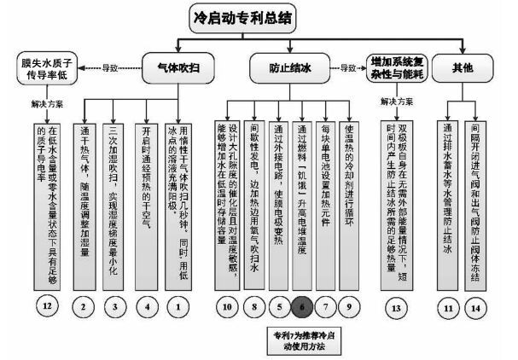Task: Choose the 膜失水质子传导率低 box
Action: (x=53, y=66)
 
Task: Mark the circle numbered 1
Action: (x=179, y=305)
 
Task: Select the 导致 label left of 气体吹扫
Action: (x=109, y=66)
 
